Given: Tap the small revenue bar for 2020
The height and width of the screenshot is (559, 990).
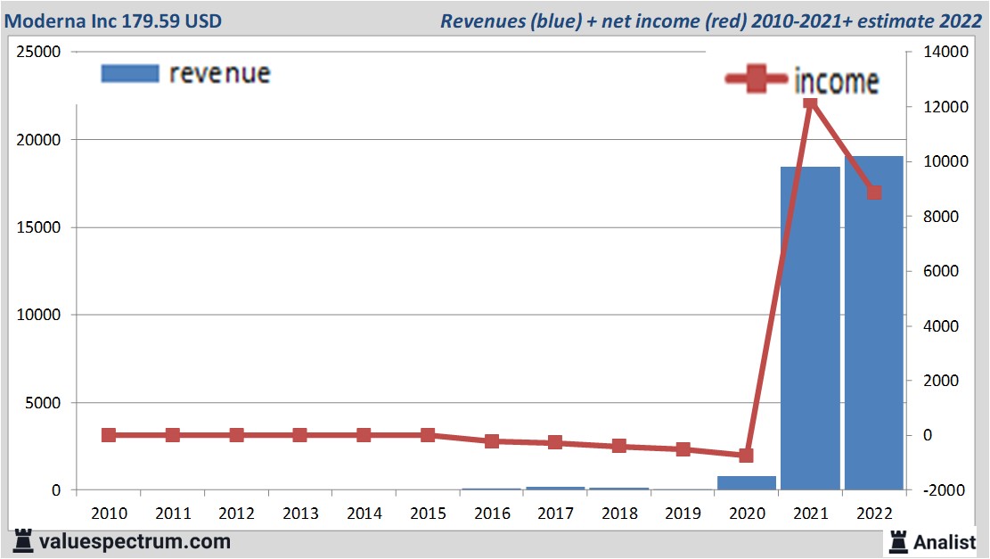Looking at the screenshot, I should pos(746,482).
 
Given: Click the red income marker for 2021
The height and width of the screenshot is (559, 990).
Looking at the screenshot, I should pos(810,103).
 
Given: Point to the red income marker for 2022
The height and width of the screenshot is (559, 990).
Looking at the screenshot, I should pos(874,193).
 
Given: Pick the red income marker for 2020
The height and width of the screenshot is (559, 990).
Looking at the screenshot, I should pos(746,456).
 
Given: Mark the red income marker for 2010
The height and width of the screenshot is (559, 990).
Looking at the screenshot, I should pos(109,435).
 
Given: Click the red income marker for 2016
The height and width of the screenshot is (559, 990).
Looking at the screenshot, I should pos(492,441).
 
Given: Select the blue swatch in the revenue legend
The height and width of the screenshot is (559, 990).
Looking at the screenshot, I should pos(130,73).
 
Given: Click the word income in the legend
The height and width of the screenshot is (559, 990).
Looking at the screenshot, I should pos(836,81).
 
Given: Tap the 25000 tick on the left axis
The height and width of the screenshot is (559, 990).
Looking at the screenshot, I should pos(40,53).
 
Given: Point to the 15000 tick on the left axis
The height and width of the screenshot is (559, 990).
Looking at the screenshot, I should pos(40,227).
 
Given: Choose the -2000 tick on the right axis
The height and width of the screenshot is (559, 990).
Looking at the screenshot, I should pos(941,490).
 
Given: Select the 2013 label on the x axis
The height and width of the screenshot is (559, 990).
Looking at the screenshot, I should pos(300,514).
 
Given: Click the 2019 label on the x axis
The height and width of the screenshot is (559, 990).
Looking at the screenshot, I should pos(683,514).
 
